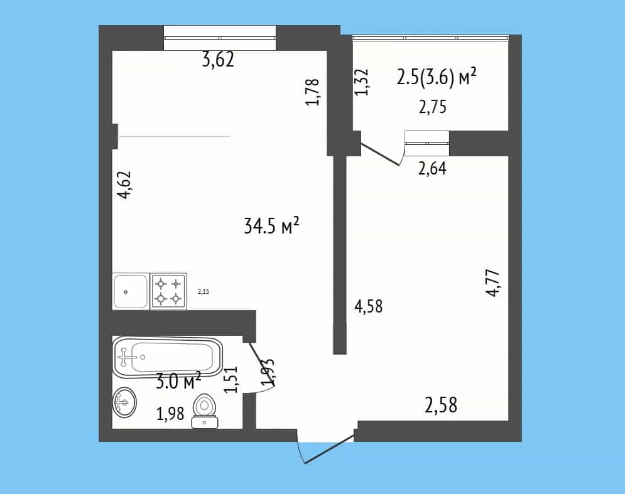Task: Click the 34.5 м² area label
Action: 271,226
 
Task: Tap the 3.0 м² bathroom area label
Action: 178,382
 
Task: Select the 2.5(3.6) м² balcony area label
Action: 437,77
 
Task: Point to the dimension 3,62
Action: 218,60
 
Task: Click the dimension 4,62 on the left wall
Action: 124,185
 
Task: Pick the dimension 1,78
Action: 313,92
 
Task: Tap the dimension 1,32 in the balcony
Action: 362,82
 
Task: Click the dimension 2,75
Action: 433,107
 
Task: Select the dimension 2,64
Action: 432,168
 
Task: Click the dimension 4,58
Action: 368,306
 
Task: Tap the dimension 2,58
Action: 441,405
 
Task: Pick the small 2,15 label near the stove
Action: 204,292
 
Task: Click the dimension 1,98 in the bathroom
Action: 170,414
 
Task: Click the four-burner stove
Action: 168,291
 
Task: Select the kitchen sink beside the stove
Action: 131,291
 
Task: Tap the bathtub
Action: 168,357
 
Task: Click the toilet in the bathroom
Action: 205,411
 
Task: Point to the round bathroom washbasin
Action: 124,402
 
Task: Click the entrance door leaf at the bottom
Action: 329,449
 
